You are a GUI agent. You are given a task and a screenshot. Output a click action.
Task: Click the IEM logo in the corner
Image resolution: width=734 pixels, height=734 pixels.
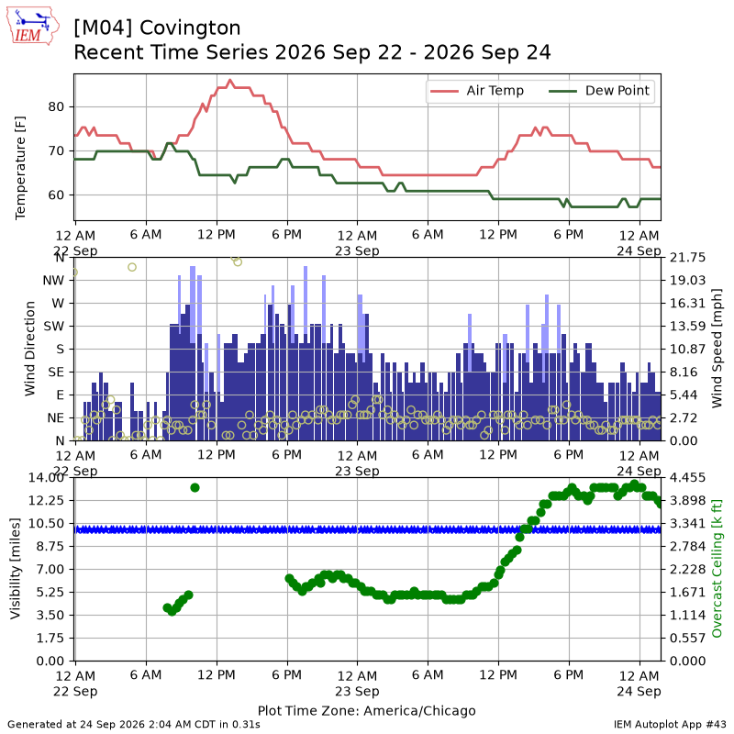click(33, 26)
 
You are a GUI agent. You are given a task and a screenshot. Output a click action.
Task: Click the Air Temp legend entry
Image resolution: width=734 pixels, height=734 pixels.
click(476, 91)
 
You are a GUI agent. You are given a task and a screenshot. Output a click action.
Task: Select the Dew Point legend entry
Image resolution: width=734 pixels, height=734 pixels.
click(599, 91)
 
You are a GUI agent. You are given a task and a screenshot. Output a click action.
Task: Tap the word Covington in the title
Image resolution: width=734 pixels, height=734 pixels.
click(190, 28)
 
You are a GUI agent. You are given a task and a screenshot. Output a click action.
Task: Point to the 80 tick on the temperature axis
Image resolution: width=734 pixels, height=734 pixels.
click(56, 106)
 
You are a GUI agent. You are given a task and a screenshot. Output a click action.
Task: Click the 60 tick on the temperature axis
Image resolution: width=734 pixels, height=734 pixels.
click(56, 195)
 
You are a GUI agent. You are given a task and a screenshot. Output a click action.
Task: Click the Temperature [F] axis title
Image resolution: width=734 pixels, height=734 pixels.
click(20, 168)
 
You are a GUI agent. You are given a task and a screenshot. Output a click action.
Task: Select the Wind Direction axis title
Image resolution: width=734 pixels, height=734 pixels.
click(29, 349)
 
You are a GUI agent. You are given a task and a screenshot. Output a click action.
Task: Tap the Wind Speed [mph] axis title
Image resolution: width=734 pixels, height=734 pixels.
click(717, 349)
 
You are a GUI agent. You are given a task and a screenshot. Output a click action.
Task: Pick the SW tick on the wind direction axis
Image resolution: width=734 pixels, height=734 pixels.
click(54, 327)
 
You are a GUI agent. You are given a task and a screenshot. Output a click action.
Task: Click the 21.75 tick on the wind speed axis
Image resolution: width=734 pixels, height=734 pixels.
click(687, 258)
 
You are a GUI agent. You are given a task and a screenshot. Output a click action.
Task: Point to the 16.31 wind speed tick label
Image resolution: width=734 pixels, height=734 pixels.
click(687, 304)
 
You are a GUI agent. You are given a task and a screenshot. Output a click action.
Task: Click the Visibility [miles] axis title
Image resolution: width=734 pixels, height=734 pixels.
click(16, 569)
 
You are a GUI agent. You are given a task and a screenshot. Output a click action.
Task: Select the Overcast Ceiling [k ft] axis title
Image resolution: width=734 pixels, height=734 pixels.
click(717, 569)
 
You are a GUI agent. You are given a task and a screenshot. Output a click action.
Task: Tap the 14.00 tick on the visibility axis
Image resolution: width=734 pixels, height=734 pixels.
click(46, 477)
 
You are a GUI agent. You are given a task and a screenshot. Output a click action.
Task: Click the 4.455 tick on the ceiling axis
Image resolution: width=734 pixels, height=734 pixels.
click(687, 477)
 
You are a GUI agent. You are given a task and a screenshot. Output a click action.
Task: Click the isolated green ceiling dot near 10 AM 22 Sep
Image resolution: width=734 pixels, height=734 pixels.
click(195, 488)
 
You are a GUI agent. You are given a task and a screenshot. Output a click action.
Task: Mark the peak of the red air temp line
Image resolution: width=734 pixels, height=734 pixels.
click(229, 80)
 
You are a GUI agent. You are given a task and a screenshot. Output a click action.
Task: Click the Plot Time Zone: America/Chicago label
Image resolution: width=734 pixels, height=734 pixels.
click(366, 710)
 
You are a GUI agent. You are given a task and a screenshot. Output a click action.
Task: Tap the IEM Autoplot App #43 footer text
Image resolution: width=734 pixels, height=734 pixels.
click(670, 724)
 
